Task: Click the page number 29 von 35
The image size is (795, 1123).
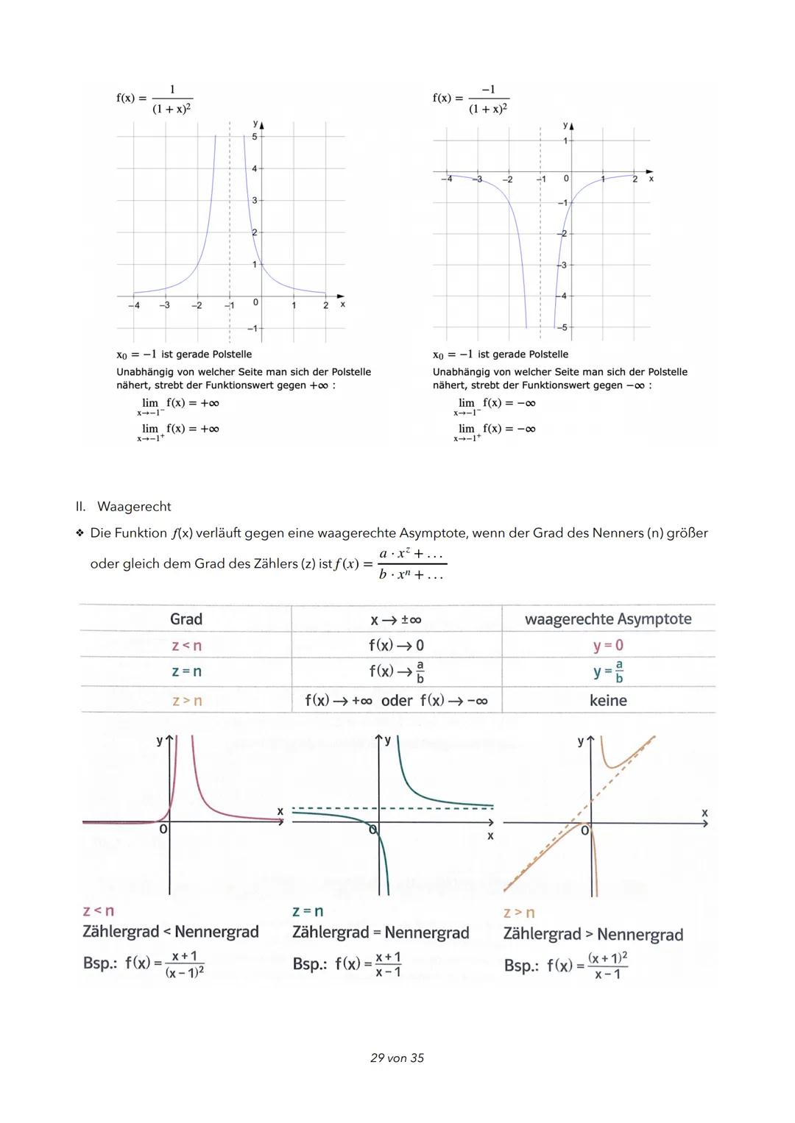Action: [x=397, y=1058]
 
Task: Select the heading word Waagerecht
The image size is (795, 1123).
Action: [x=134, y=507]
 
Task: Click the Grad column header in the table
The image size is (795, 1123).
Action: [x=185, y=619]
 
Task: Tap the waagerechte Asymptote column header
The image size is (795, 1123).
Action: [x=608, y=619]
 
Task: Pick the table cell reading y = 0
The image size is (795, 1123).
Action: [x=608, y=646]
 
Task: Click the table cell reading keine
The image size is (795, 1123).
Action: [x=608, y=701]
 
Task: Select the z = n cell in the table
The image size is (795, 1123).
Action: [x=186, y=671]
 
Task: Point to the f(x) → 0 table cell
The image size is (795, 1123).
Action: [x=396, y=646]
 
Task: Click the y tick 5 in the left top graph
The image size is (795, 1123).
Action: [x=255, y=137]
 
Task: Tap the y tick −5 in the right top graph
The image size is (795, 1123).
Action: [x=563, y=327]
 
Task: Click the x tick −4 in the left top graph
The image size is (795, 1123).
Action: [x=134, y=305]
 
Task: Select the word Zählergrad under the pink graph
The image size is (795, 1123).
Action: [x=121, y=932]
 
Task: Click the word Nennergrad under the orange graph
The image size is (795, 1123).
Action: [x=640, y=935]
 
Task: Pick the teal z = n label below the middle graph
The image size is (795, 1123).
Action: [x=308, y=912]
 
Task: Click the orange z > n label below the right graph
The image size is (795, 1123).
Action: [x=519, y=913]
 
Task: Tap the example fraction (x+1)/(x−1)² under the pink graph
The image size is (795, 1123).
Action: [x=184, y=963]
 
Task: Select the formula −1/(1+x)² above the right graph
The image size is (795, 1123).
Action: [x=488, y=99]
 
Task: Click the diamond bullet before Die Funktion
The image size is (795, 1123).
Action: [x=79, y=533]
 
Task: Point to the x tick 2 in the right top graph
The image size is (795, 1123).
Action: [x=635, y=179]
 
